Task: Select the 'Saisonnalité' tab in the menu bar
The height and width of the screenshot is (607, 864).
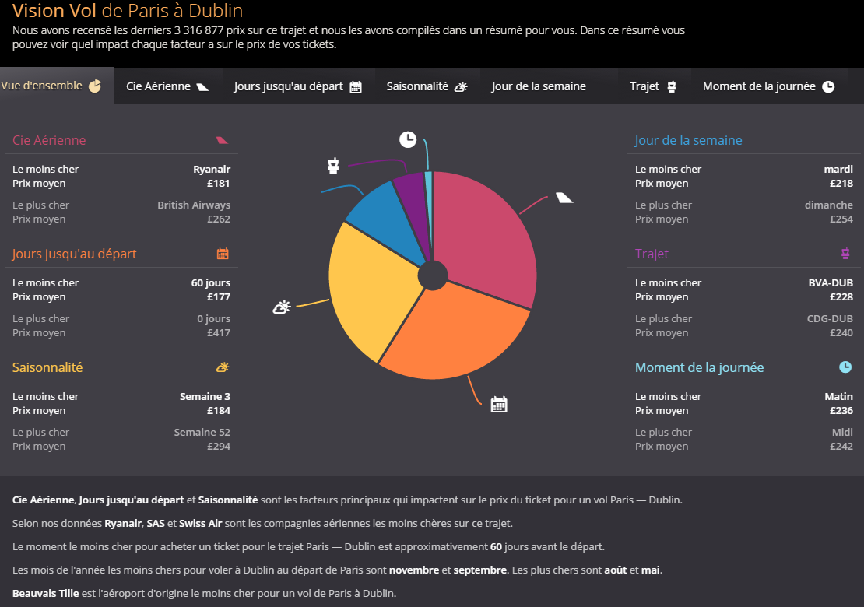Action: click(x=426, y=86)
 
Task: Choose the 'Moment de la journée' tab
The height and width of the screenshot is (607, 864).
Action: click(x=767, y=86)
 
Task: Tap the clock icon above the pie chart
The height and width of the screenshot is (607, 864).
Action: click(x=408, y=139)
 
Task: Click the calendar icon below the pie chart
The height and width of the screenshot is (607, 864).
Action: click(x=499, y=404)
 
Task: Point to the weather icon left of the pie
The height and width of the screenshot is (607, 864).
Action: click(x=282, y=307)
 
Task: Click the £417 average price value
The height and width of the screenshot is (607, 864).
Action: click(x=218, y=332)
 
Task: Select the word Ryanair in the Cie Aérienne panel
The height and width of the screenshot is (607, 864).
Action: click(x=212, y=169)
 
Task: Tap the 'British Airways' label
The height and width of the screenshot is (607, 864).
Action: click(x=194, y=205)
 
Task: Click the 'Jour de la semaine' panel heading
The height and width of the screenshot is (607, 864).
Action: click(x=688, y=140)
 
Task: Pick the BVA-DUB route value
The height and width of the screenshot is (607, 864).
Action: click(x=831, y=282)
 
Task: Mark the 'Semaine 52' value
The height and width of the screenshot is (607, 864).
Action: click(x=202, y=432)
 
